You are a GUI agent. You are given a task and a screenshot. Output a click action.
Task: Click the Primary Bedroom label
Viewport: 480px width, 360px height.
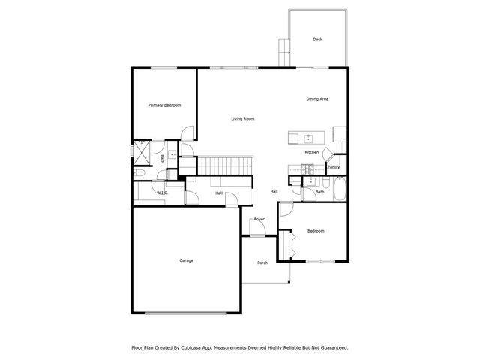(164, 105)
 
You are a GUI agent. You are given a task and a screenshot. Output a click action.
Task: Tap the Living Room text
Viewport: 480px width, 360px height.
(242, 119)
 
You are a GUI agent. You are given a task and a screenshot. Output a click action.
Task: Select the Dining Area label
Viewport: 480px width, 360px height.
(317, 99)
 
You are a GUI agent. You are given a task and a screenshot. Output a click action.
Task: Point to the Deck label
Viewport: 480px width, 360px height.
(318, 40)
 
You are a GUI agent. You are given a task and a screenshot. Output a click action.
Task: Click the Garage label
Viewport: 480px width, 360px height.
(186, 260)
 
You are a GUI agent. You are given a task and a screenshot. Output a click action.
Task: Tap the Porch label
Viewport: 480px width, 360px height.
(262, 262)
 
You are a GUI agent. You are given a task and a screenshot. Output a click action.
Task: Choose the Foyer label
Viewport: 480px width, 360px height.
(259, 219)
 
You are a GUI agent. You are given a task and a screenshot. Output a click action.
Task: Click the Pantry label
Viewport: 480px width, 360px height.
(334, 167)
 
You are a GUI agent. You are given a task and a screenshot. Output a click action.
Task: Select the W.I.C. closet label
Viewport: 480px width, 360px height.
(162, 193)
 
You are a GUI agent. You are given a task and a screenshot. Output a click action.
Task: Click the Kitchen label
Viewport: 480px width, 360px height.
(312, 152)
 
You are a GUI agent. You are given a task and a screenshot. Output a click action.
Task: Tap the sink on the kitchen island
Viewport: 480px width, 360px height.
(308, 138)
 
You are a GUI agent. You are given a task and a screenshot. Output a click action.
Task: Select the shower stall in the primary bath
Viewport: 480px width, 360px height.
(142, 148)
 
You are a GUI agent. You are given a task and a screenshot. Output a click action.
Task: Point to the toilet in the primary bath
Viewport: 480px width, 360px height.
(139, 173)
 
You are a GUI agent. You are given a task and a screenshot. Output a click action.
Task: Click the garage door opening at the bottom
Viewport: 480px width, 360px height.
(187, 313)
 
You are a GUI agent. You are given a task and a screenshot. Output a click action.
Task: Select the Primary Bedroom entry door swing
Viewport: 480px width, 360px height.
(187, 134)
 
